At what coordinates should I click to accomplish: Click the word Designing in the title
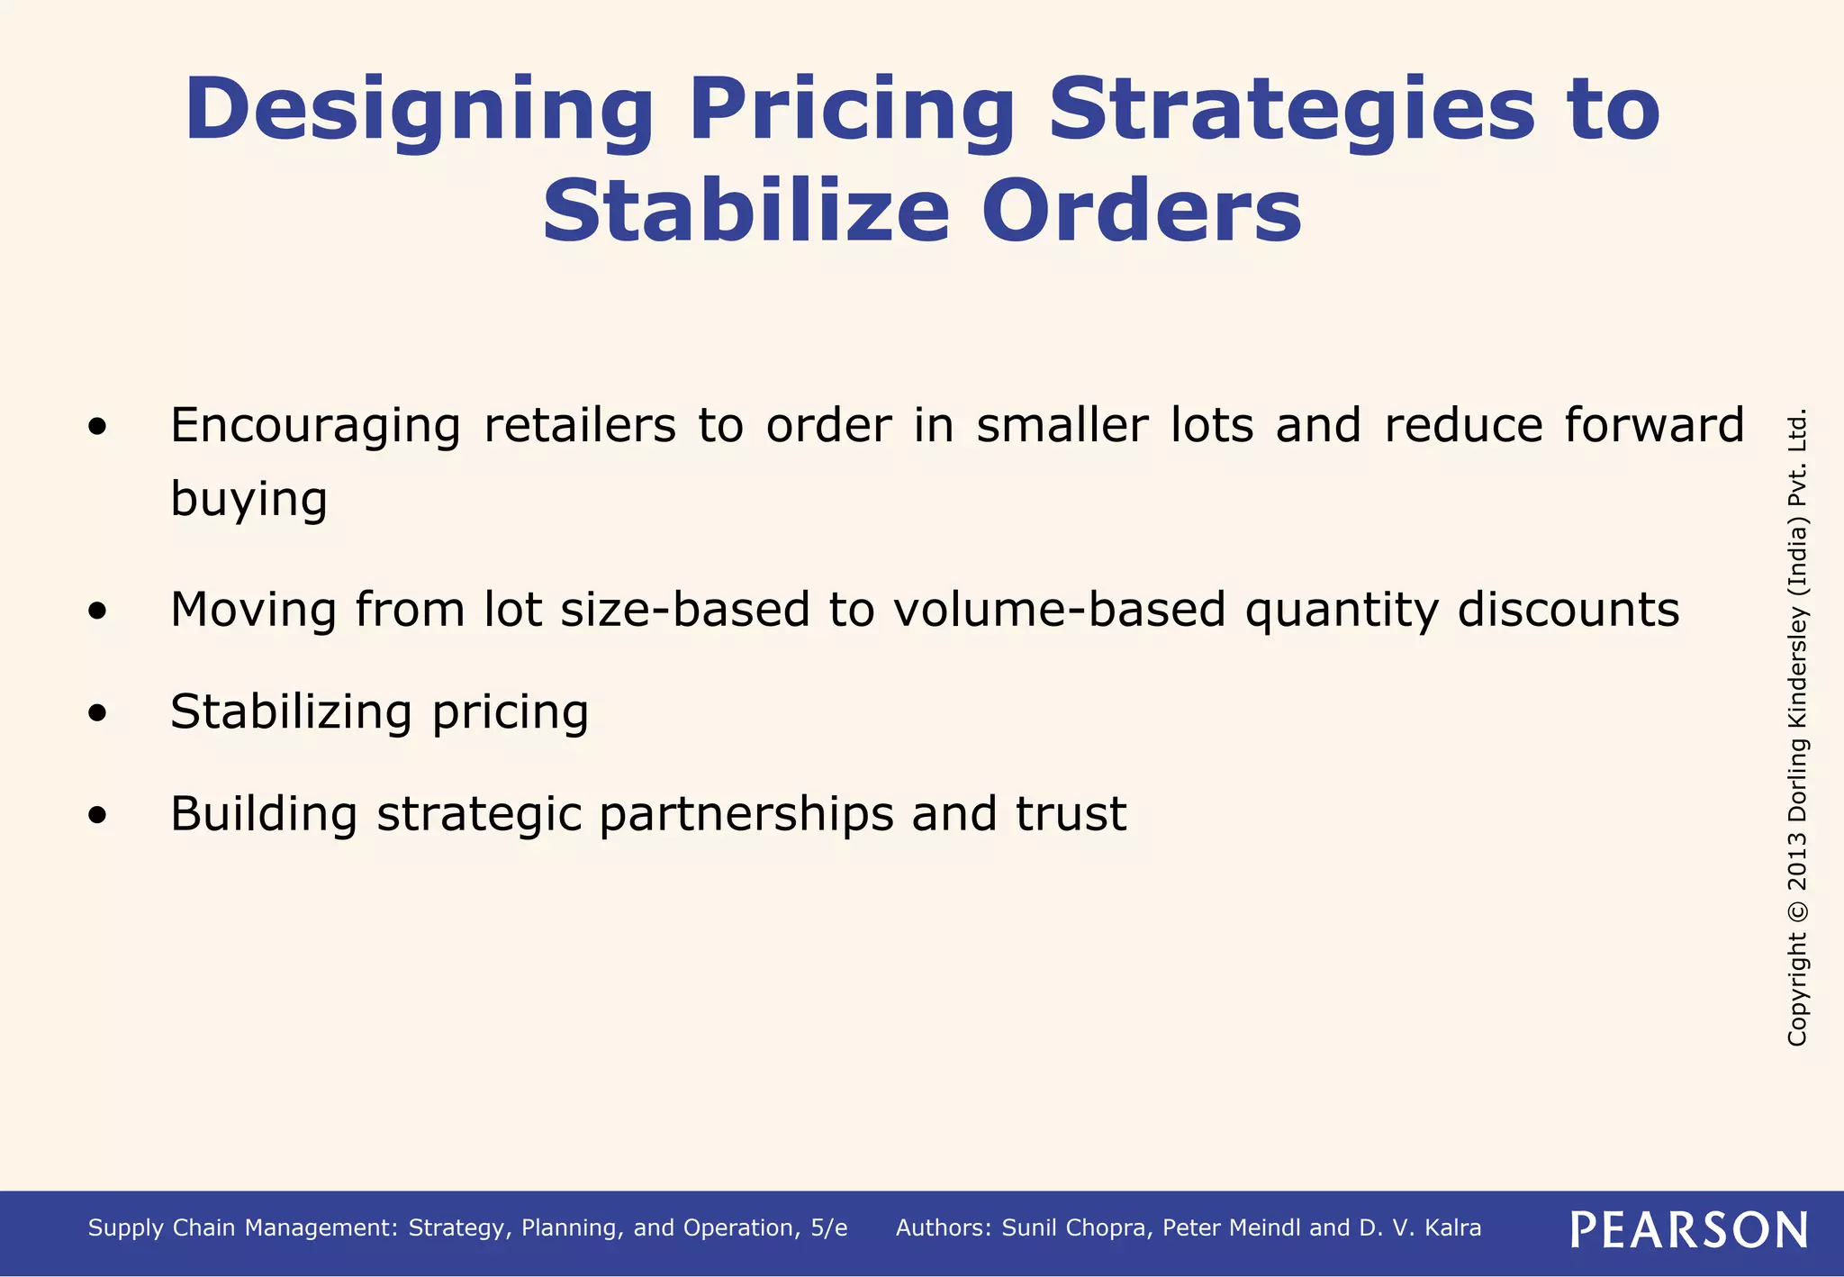(419, 110)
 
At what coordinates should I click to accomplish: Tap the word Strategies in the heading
(1291, 110)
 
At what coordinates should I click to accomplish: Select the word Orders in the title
(1141, 213)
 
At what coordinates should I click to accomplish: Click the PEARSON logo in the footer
(1688, 1229)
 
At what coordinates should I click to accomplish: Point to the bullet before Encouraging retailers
(98, 427)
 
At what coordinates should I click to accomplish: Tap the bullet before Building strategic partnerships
(98, 816)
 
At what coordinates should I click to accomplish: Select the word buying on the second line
(249, 500)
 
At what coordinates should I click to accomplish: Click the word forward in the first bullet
(1654, 425)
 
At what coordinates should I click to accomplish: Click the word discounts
(1568, 610)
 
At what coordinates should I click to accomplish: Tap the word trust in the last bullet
(1071, 814)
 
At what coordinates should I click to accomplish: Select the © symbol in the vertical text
(1797, 910)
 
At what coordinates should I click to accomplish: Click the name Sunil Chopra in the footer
(1076, 1228)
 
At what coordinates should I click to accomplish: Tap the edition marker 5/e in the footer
(827, 1228)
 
